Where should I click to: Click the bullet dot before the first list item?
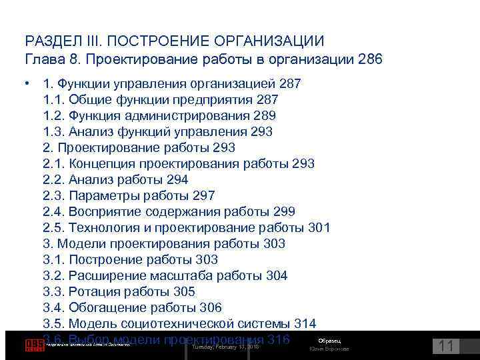pyautogui.click(x=27, y=84)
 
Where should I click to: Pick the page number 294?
pyautogui.click(x=177, y=180)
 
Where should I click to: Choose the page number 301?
pyautogui.click(x=319, y=228)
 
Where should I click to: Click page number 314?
pyautogui.click(x=305, y=324)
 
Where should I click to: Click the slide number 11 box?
pyautogui.click(x=446, y=346)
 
